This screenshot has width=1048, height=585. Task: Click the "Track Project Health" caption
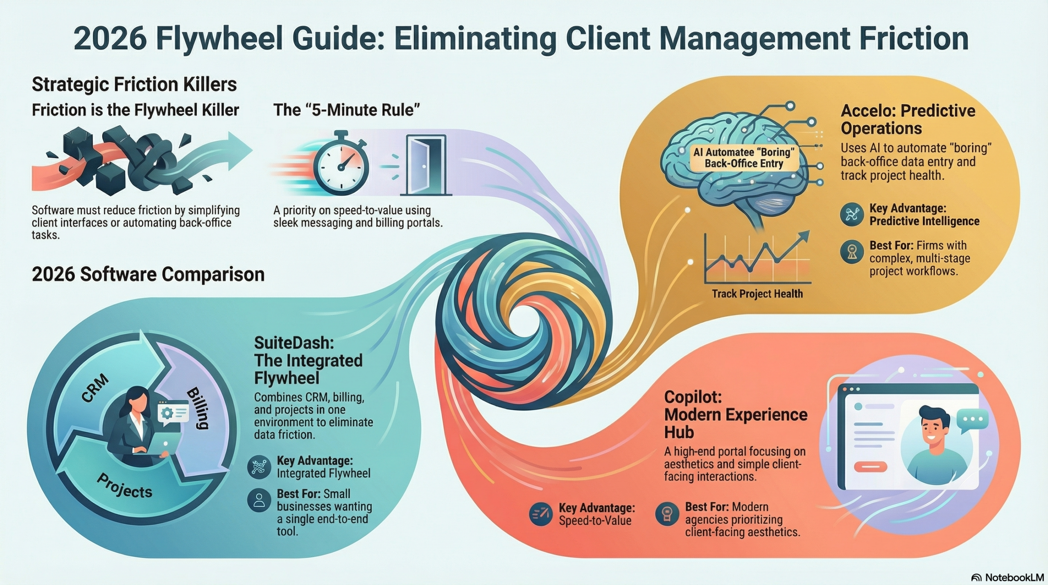pos(757,294)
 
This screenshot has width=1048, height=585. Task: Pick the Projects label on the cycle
pos(124,486)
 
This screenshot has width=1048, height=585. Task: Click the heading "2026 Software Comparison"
pos(148,274)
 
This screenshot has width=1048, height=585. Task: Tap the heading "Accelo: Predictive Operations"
pos(908,119)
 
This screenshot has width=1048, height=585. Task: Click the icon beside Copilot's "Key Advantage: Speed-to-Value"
pos(540,514)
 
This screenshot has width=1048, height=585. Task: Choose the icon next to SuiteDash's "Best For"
pos(259,500)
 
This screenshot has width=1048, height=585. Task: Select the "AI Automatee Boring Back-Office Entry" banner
pos(743,158)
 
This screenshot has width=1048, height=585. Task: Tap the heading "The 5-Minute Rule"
pos(347,110)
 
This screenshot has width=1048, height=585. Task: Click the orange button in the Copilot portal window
pos(870,467)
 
